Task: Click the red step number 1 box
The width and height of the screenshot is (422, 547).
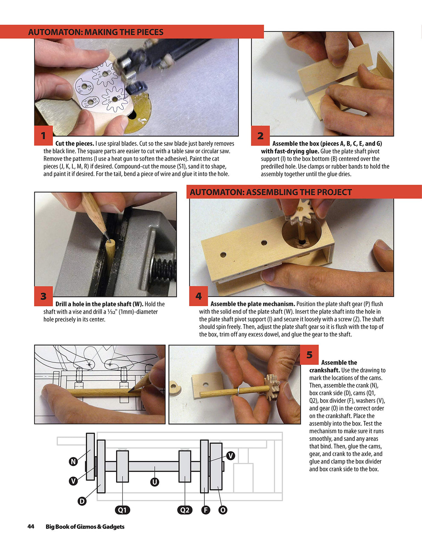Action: [43, 135]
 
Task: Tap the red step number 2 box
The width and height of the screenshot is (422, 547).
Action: [260, 136]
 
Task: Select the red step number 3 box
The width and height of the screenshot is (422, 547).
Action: [43, 296]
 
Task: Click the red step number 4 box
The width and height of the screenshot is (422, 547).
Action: [198, 296]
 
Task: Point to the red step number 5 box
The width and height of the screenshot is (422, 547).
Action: [309, 354]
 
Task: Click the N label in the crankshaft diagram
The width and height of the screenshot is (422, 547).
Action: [73, 462]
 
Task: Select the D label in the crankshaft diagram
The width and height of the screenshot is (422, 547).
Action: [82, 501]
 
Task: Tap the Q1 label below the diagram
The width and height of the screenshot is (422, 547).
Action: [122, 510]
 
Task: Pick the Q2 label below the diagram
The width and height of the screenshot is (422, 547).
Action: [185, 510]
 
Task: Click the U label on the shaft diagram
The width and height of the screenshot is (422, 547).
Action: [154, 482]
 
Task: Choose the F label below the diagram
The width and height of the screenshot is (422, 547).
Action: [205, 510]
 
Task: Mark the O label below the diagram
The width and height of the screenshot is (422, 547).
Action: [223, 510]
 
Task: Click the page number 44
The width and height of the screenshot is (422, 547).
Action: [31, 526]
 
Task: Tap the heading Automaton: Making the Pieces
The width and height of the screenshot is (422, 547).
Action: [96, 32]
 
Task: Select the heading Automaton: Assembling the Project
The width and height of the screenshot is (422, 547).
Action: [270, 192]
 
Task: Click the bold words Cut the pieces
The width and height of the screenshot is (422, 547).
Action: [74, 143]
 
